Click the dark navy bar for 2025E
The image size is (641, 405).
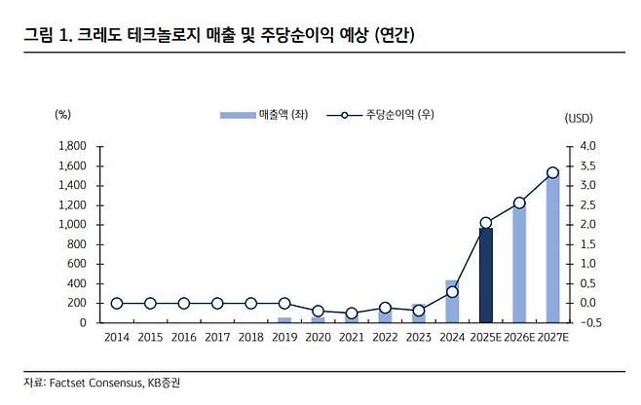point(485,275)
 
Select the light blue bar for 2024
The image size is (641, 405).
point(452,301)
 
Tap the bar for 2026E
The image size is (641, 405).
point(519,263)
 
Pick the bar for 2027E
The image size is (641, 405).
point(552,248)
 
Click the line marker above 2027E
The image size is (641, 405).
point(552,172)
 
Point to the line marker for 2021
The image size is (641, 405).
point(352,313)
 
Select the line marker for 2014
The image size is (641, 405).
point(117,303)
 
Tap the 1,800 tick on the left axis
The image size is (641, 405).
point(72,146)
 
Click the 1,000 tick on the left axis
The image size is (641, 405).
point(72,225)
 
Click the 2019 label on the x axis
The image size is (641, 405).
point(284,338)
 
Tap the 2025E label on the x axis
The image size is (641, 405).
point(485,338)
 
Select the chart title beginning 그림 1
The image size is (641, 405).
point(219,36)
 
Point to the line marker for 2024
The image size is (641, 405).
point(452,291)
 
